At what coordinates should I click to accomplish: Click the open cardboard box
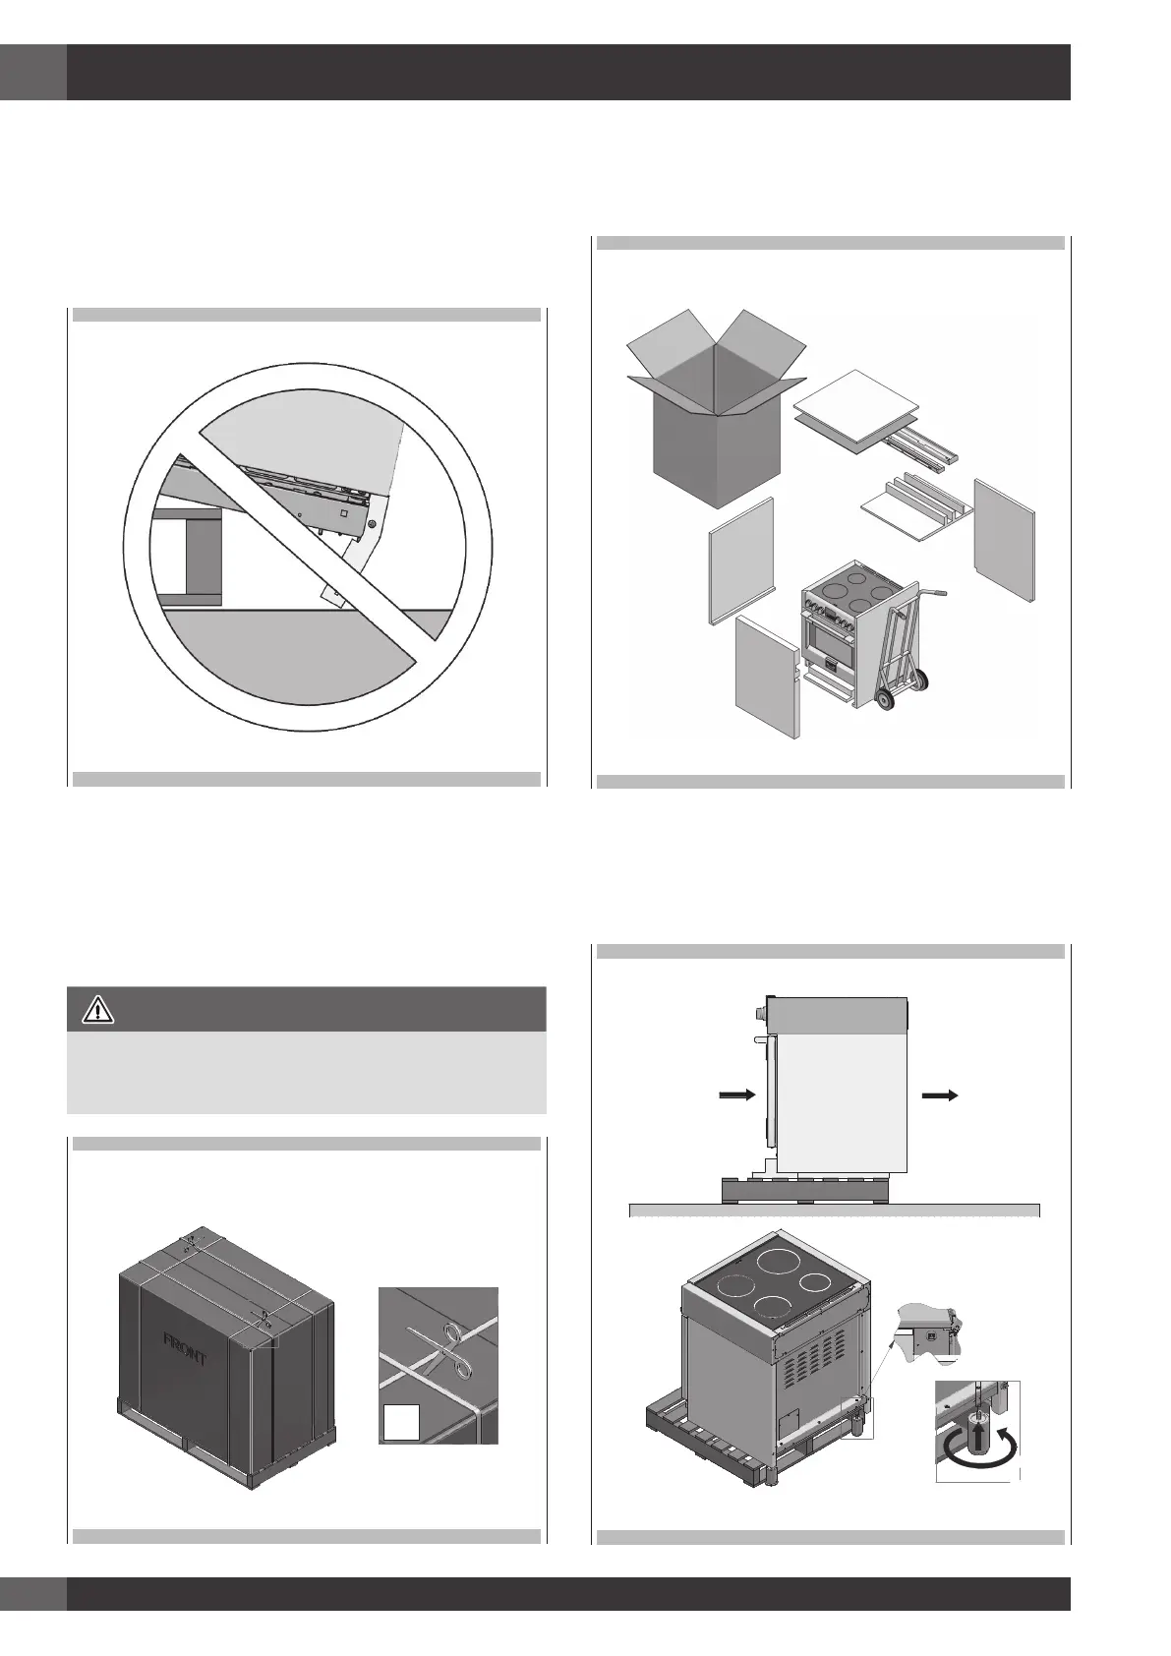tap(718, 413)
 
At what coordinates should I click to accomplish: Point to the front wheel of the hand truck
tap(884, 699)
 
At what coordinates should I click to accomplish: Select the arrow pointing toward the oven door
tap(736, 1094)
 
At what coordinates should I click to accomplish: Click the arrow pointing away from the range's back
tap(940, 1094)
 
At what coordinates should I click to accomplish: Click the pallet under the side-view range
tap(804, 1190)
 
